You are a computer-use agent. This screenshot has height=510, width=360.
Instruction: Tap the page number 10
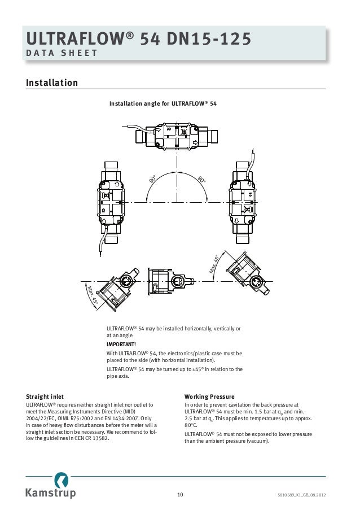[180, 495]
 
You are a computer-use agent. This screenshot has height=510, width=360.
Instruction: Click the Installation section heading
[52, 83]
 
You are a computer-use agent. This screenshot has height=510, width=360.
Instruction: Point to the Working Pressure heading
[209, 396]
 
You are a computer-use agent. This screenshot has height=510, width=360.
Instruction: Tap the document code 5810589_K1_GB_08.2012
[301, 495]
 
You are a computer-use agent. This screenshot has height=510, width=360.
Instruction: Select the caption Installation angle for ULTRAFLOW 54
[163, 104]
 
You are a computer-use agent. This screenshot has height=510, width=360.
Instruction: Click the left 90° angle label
[153, 180]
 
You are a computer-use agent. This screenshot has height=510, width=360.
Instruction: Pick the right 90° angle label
[201, 180]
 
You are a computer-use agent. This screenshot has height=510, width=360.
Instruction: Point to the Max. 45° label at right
[215, 264]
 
